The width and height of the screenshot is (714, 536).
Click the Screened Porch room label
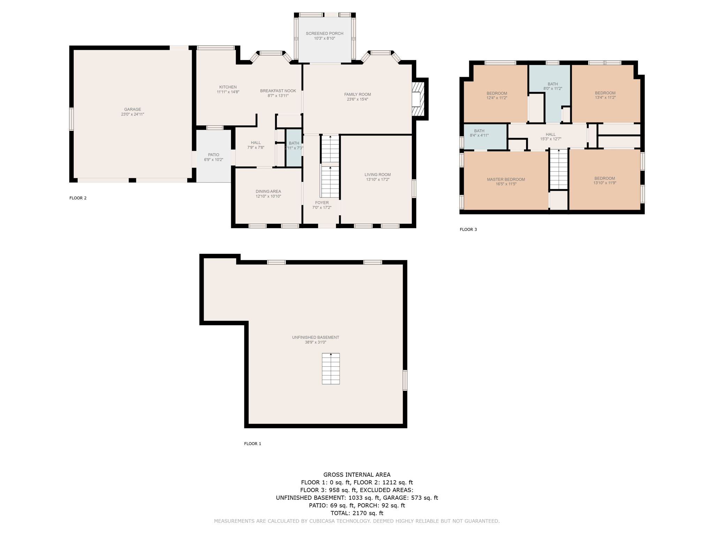coord(325,33)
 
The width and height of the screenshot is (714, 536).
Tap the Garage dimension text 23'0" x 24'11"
coord(132,114)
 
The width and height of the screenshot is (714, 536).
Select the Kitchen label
coord(228,87)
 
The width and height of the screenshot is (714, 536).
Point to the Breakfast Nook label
coord(278,91)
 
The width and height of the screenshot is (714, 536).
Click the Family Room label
coord(357,94)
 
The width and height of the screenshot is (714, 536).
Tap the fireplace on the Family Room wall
coord(418,99)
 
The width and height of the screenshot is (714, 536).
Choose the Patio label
coord(214,155)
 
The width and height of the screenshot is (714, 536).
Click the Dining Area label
coord(268,191)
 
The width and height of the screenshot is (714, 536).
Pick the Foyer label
coord(322,203)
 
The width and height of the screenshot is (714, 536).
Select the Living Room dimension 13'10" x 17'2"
coord(378,179)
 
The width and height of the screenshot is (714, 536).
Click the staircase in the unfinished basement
coord(331,368)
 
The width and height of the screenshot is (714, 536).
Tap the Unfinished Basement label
coord(316,337)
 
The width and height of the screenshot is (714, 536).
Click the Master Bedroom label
coord(506,179)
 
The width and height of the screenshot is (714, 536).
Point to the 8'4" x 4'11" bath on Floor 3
coord(485,136)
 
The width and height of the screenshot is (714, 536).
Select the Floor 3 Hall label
coord(550,134)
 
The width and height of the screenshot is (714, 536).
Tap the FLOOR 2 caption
coord(78,198)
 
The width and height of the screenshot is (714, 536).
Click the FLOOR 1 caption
coord(252,444)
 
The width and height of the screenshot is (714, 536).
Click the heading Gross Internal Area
coord(357,475)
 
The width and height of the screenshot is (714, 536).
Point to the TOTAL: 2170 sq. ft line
coord(357,513)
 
